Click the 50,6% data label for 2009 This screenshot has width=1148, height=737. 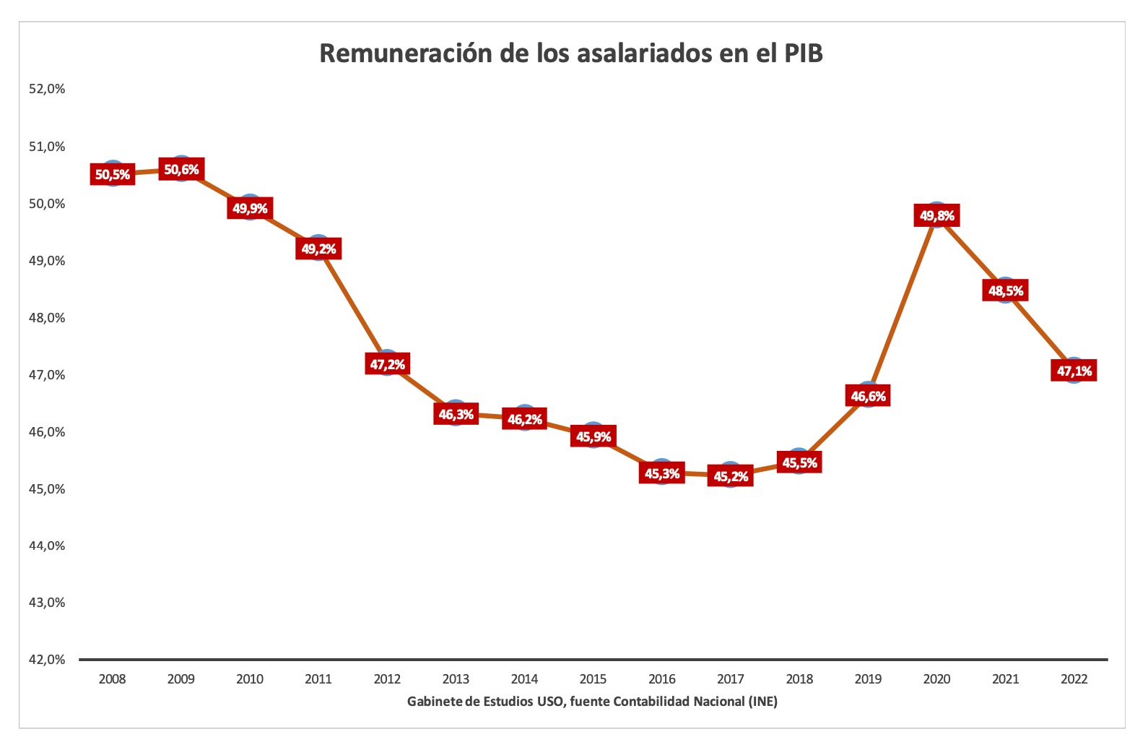coord(181,170)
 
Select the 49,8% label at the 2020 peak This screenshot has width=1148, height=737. coord(937,215)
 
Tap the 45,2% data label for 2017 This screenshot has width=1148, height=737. coord(731,476)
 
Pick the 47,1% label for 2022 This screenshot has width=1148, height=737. coord(1074,371)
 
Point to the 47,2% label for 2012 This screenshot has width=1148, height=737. coord(388,364)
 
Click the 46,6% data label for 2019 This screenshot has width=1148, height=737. coord(868,396)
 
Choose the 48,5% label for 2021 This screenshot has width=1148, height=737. coord(1006,291)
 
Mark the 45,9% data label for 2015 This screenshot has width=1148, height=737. coord(593,436)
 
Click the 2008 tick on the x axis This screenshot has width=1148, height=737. coord(112,679)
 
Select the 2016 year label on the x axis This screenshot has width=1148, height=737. coord(662,679)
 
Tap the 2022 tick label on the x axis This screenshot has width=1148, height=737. coord(1074,679)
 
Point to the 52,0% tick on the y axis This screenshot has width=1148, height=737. coord(47,89)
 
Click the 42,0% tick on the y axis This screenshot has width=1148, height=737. coord(47,660)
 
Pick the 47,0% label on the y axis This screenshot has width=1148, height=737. coord(47,374)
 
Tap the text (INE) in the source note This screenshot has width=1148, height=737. coord(762,702)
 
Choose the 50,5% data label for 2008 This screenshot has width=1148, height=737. coord(113,174)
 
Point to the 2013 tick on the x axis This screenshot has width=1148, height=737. coord(456,679)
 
